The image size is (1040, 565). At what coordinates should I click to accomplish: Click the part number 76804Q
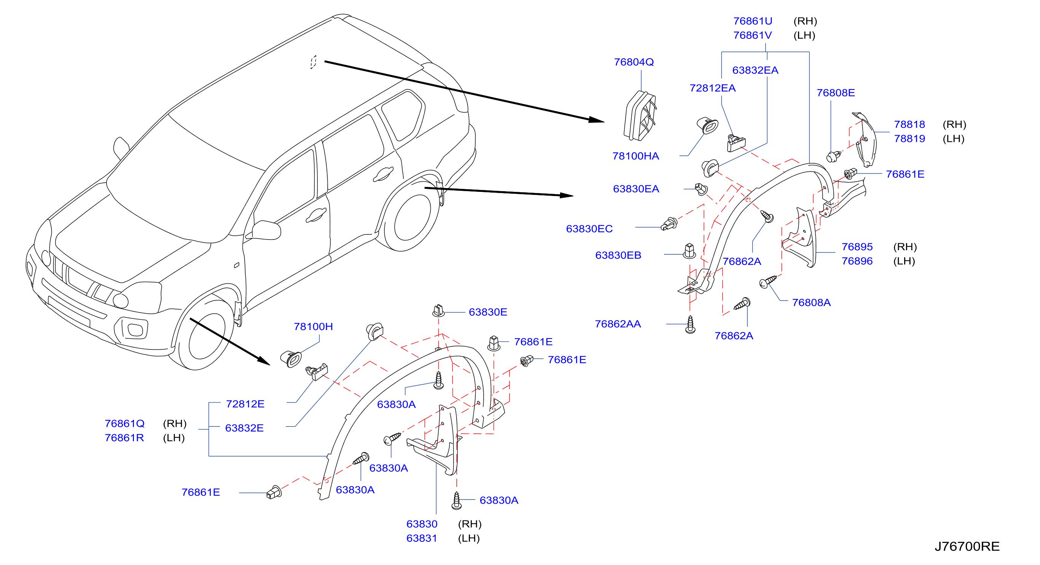click(634, 62)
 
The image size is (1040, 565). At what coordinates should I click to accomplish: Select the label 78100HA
click(635, 156)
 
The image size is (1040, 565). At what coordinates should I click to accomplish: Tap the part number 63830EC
click(589, 228)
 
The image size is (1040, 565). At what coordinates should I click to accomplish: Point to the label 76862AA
click(618, 324)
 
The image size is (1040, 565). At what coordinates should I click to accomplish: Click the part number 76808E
click(835, 93)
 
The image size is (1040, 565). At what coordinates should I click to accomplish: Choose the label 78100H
click(313, 326)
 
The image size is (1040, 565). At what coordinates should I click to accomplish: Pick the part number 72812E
click(245, 404)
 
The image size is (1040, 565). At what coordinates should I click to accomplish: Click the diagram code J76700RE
click(967, 546)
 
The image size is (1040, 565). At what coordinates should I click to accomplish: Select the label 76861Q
click(124, 423)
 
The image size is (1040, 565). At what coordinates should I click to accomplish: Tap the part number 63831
click(422, 538)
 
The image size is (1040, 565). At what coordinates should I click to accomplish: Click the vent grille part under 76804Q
click(640, 116)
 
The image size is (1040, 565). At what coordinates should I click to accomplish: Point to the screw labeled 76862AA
click(690, 325)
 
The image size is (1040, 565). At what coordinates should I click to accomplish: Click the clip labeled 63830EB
click(689, 251)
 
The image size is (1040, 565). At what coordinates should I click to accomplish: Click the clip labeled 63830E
click(438, 311)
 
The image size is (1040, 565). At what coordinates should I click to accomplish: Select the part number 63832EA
click(755, 70)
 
